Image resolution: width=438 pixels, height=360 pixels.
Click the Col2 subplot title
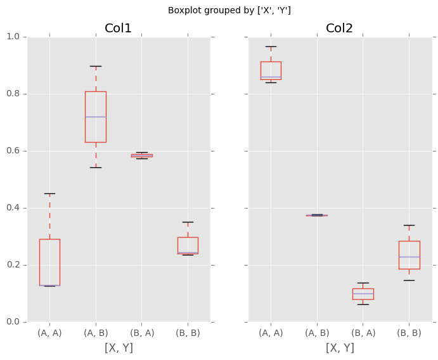click(339, 29)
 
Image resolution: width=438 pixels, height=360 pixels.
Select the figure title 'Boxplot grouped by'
click(229, 10)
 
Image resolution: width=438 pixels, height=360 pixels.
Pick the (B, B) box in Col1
click(188, 245)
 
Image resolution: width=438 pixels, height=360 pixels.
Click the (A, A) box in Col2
click(271, 70)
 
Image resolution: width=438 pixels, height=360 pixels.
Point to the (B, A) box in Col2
click(363, 294)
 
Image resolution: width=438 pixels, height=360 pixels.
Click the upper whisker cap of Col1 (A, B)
click(96, 66)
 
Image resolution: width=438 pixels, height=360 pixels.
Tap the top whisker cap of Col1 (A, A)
click(49, 193)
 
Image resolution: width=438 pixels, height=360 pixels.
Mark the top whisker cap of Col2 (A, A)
click(271, 46)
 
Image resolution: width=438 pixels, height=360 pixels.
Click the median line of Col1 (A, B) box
click(96, 117)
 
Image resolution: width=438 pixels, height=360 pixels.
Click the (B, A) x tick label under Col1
click(142, 333)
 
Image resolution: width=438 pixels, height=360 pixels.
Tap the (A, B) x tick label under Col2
click(317, 333)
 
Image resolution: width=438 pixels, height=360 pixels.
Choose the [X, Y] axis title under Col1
click(119, 348)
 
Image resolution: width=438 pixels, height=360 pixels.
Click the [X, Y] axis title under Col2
click(340, 348)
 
